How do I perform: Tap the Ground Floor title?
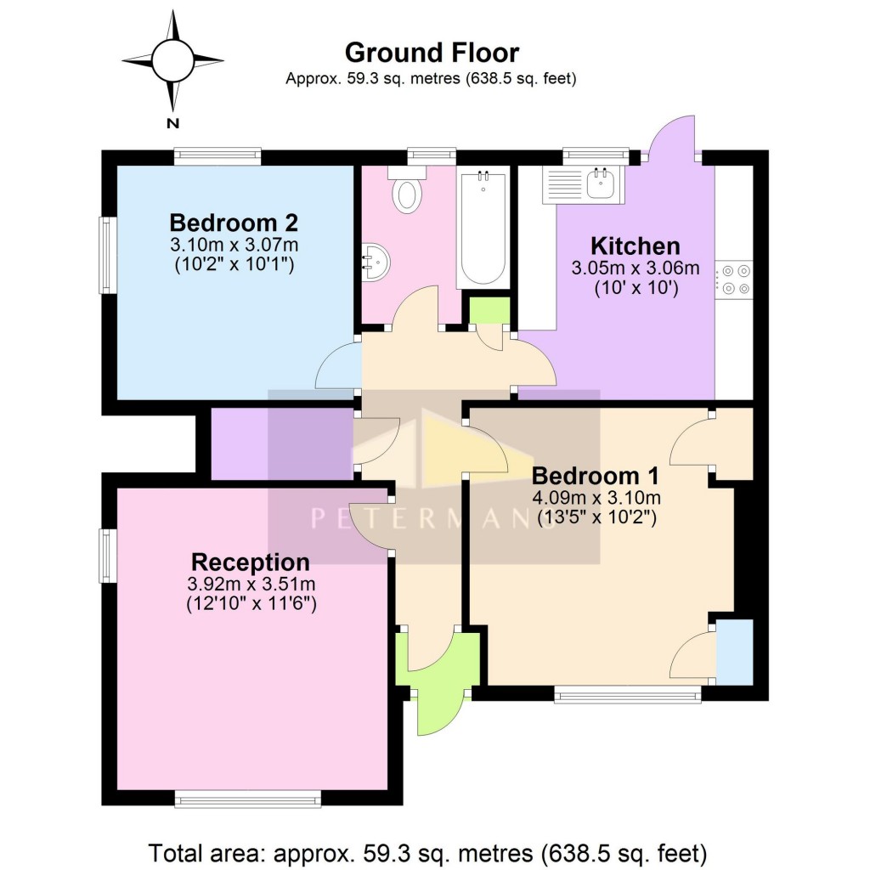pos(432,53)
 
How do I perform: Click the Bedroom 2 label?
pos(234,223)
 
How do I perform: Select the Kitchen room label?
pos(636,246)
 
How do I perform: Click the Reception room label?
pos(251,562)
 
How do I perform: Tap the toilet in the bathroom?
pos(407,194)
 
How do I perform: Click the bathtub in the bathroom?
pos(483,227)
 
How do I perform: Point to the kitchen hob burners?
pos(734,280)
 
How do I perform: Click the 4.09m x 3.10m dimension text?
pos(596,497)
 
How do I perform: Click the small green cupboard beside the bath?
pos(489,310)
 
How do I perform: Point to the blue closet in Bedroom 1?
pos(735,652)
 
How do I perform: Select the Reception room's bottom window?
pos(248,798)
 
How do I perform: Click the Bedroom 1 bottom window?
pos(628,696)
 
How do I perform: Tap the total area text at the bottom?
pos(428,850)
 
